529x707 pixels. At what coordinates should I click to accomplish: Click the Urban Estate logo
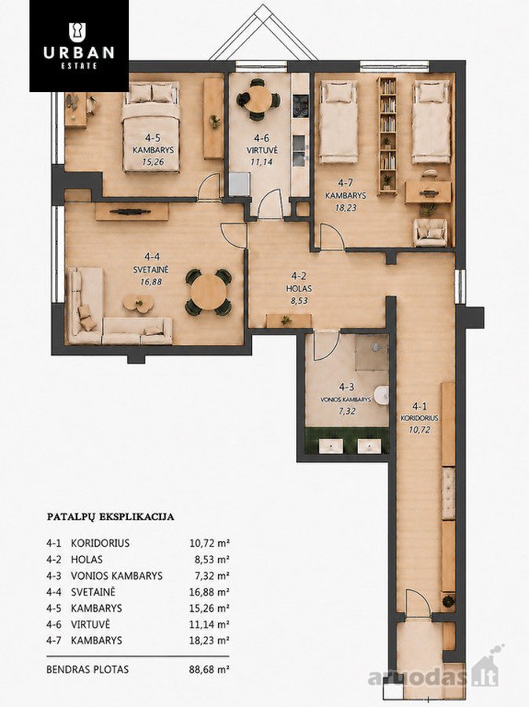[78, 46]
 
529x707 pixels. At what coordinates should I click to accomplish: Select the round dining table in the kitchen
[258, 99]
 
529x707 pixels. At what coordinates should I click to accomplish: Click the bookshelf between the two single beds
[388, 135]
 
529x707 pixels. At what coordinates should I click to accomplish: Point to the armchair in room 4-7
[430, 232]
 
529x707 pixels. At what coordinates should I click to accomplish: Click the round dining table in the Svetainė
[208, 291]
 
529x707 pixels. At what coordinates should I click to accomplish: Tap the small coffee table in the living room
[138, 303]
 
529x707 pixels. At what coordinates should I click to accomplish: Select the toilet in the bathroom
[382, 394]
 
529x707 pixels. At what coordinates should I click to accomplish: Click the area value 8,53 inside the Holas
[299, 301]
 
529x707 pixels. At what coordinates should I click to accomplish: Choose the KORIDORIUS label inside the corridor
[419, 418]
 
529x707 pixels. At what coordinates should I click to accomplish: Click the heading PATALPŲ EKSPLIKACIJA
[111, 517]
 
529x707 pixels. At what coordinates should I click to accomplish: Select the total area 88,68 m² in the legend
[210, 669]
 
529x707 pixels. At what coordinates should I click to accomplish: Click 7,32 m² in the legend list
[210, 576]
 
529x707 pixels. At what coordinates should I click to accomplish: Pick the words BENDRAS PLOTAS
[87, 669]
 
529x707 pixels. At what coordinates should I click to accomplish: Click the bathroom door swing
[327, 346]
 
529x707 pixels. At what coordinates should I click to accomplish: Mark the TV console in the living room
[132, 211]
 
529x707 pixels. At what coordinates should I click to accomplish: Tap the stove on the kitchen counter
[300, 106]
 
